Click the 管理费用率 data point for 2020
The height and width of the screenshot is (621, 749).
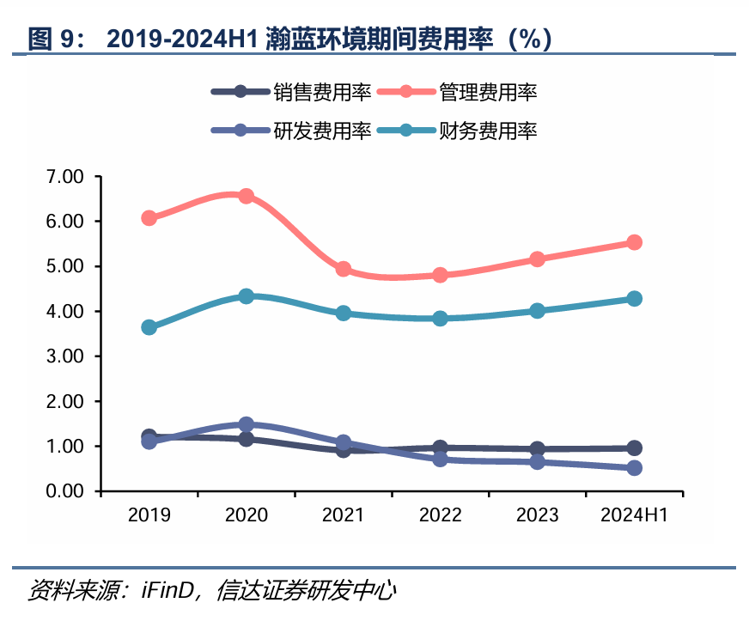click(246, 196)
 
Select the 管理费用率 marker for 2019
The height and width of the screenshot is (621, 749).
click(149, 218)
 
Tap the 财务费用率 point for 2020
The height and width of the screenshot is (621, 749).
click(246, 296)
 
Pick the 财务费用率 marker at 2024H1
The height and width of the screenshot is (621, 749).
click(634, 299)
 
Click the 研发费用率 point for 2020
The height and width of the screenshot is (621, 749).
click(246, 424)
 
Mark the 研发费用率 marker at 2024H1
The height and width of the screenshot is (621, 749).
click(634, 468)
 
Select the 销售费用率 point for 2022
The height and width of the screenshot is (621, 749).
click(440, 447)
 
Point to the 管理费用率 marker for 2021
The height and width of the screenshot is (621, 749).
click(343, 269)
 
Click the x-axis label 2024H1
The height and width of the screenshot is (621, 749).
click(634, 514)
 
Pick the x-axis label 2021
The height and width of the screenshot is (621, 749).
click(343, 514)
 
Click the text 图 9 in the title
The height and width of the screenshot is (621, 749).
click(53, 38)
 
